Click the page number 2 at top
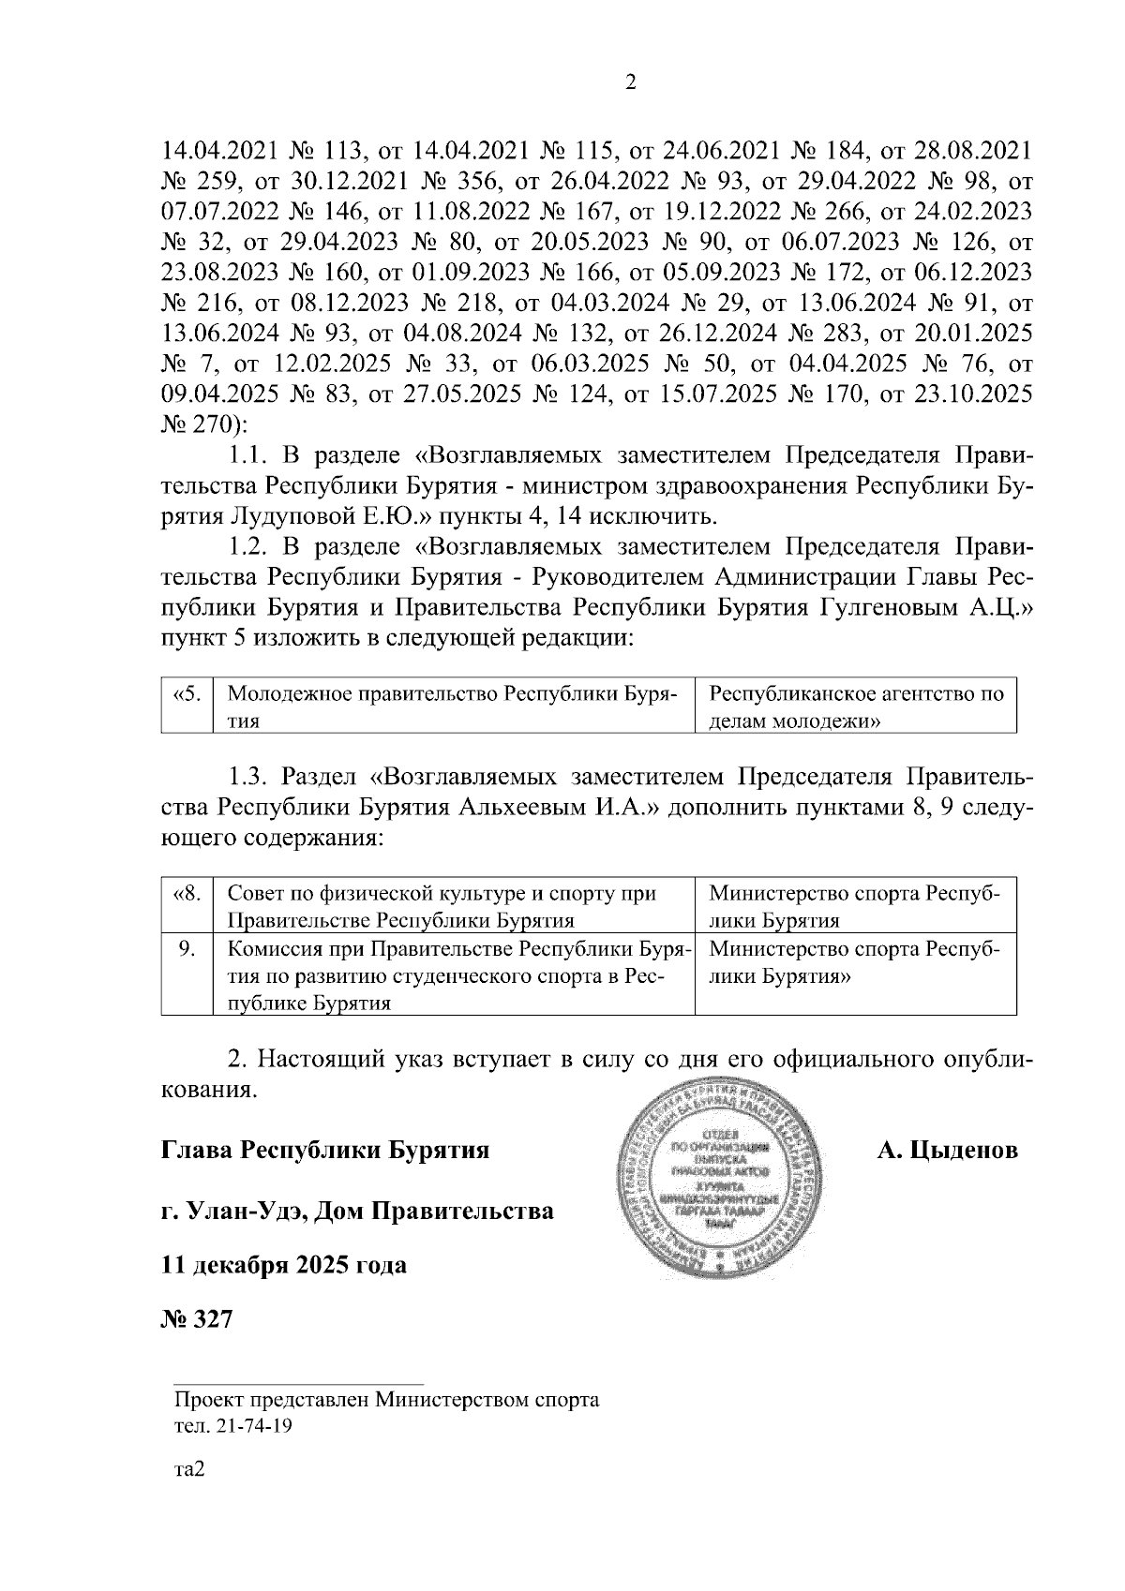coord(630,83)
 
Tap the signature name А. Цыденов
coord(947,1150)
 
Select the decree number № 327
coord(196,1319)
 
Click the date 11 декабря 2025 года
coord(284,1265)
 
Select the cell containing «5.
coord(187,695)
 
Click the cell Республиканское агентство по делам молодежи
coord(855,707)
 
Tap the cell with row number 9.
coord(187,949)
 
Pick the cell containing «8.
coord(187,893)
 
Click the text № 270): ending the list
coord(203,424)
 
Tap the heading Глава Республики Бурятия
coord(325,1150)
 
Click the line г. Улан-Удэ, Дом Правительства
coord(357,1211)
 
